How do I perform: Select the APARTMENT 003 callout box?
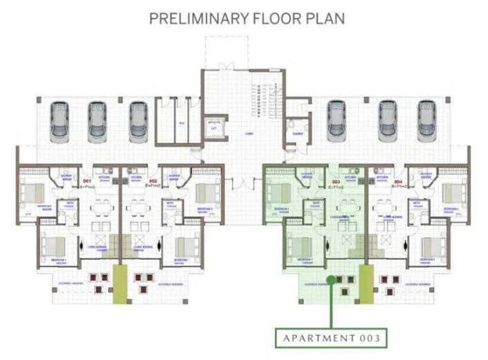[x=330, y=339]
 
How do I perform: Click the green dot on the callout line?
[x=331, y=280]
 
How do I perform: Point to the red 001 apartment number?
[x=87, y=181]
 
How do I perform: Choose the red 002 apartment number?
[x=153, y=181]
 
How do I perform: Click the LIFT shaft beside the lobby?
[x=214, y=128]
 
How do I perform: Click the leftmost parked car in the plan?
[x=59, y=121]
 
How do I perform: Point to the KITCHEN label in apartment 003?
[x=350, y=177]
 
